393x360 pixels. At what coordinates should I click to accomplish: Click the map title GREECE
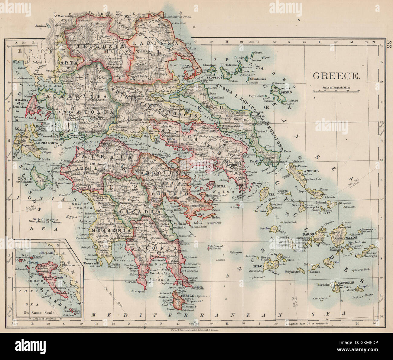[x=336, y=76]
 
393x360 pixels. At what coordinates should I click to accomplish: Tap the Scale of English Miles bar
[x=336, y=90]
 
